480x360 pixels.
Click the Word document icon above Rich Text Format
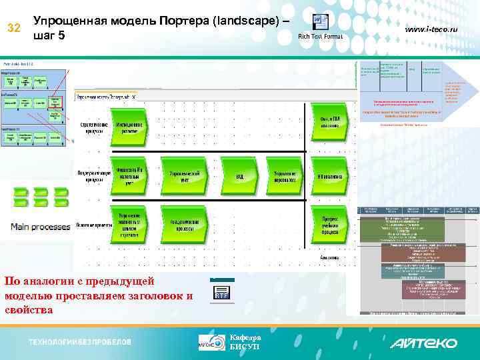click(320, 21)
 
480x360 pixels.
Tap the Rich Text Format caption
click(320, 36)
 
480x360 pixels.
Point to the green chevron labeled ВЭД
click(239, 176)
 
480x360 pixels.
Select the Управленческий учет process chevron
click(181, 176)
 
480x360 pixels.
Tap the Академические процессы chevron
click(181, 223)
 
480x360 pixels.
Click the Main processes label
click(40, 227)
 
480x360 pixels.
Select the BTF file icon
click(222, 291)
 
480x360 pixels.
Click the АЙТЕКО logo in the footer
click(423, 343)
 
